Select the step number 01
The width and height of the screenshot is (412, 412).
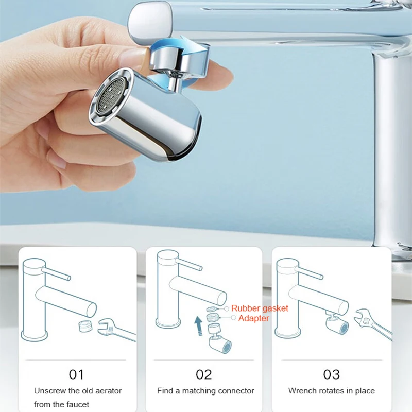click(x=76, y=374)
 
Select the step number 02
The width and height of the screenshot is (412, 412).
click(x=204, y=374)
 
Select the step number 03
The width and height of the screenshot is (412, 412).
click(x=331, y=374)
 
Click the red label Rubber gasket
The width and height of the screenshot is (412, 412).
click(x=260, y=308)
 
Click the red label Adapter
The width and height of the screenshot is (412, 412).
click(x=253, y=318)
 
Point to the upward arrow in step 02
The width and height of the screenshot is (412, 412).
click(x=198, y=326)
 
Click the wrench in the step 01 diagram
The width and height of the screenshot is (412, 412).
click(x=116, y=330)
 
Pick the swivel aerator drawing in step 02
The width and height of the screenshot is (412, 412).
click(x=219, y=345)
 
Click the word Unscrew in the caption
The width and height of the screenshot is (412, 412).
click(x=50, y=391)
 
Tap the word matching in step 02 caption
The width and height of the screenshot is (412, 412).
click(x=197, y=391)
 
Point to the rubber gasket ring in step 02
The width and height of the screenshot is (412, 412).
click(x=211, y=310)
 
